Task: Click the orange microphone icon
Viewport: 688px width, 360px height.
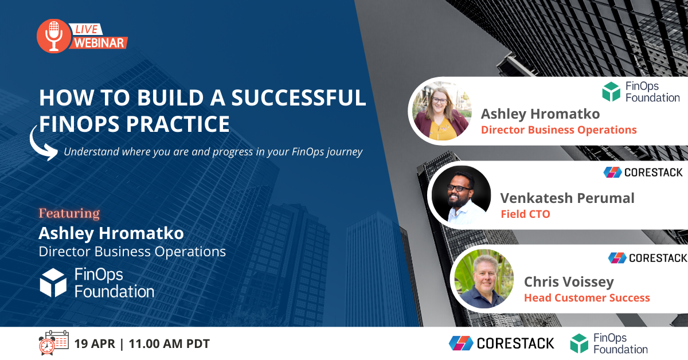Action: tap(53, 36)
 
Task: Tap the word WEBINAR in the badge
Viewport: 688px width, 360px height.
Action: tap(100, 42)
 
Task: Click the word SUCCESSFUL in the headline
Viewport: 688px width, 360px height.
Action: tap(298, 97)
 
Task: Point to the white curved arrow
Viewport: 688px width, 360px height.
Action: tap(43, 143)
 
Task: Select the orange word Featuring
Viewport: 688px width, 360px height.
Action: tap(69, 214)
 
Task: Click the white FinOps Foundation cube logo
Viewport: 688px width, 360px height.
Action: tap(53, 282)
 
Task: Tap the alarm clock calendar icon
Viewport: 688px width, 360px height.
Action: tap(53, 343)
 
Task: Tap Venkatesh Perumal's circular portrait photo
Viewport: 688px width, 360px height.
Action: tap(461, 196)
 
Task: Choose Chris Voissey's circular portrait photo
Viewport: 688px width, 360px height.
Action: tap(484, 279)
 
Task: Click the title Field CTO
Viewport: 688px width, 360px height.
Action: tap(525, 214)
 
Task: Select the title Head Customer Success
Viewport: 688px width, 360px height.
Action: tap(587, 298)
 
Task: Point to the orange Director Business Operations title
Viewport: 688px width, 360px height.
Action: tap(558, 130)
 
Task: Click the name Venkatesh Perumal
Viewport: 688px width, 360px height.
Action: tap(567, 198)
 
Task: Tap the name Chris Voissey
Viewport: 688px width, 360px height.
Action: tap(569, 282)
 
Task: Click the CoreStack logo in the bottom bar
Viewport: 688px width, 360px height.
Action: tap(502, 343)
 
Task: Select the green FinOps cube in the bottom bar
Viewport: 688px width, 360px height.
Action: tap(579, 343)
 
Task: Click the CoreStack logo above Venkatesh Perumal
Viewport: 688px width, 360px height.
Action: tap(643, 172)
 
